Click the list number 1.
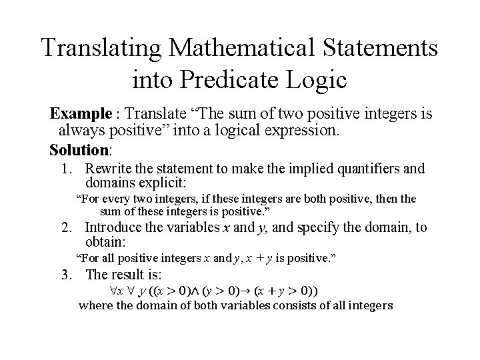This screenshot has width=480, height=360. click(x=67, y=169)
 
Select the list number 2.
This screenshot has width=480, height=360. click(x=67, y=228)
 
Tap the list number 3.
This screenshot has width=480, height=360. click(x=67, y=274)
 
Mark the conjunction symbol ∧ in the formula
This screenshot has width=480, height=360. click(x=186, y=291)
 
